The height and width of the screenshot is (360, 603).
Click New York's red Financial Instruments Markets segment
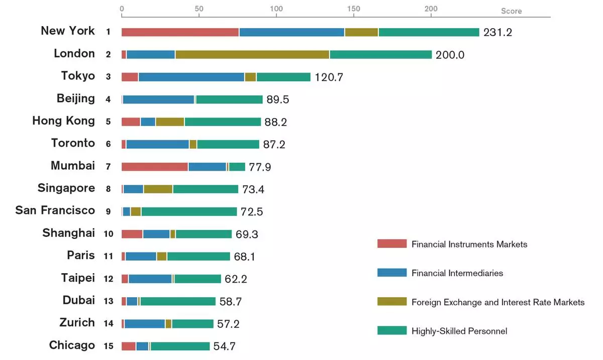point(180,32)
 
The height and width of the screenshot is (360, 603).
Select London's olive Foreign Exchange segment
point(252,55)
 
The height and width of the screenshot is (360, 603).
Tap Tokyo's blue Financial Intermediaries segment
point(191,77)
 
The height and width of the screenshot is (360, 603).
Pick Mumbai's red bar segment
point(154,167)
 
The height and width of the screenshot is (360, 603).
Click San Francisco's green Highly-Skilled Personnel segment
point(188,211)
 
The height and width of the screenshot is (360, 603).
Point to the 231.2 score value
point(497,33)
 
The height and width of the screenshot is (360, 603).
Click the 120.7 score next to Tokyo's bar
point(329,77)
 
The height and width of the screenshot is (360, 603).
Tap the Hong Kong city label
point(63,121)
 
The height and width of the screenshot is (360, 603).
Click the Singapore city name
point(66,188)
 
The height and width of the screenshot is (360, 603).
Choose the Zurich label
point(77,323)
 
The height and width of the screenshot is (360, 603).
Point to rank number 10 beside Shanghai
point(108,234)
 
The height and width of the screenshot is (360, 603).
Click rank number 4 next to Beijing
point(108,99)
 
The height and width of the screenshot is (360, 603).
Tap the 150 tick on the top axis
point(353,9)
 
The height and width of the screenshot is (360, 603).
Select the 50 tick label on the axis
point(198,9)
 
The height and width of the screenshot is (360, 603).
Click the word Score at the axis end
point(511,11)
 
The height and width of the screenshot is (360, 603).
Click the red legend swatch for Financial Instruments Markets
point(391,244)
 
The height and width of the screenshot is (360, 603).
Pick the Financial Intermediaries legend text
point(457,273)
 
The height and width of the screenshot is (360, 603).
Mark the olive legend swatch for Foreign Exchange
point(391,302)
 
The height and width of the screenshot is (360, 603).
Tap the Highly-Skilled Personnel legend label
point(459,331)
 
